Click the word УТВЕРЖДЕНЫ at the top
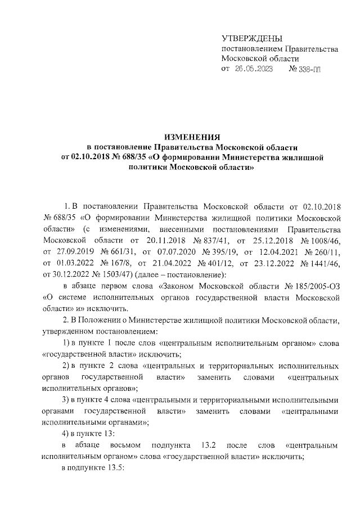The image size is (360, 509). tap(251, 38)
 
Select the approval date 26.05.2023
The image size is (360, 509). tap(253, 69)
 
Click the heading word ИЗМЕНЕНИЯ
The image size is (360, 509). tap(191, 137)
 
